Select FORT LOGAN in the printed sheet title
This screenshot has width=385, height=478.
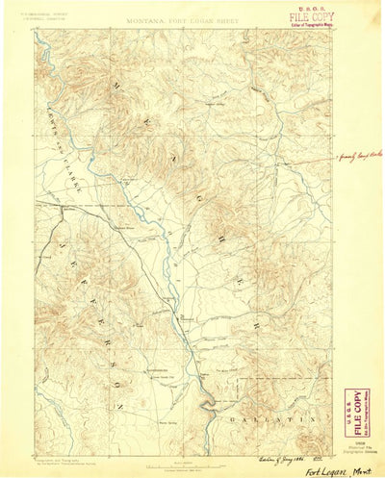190,18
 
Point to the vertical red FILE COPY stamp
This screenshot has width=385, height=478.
355,408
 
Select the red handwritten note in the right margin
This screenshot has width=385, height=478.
358,155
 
